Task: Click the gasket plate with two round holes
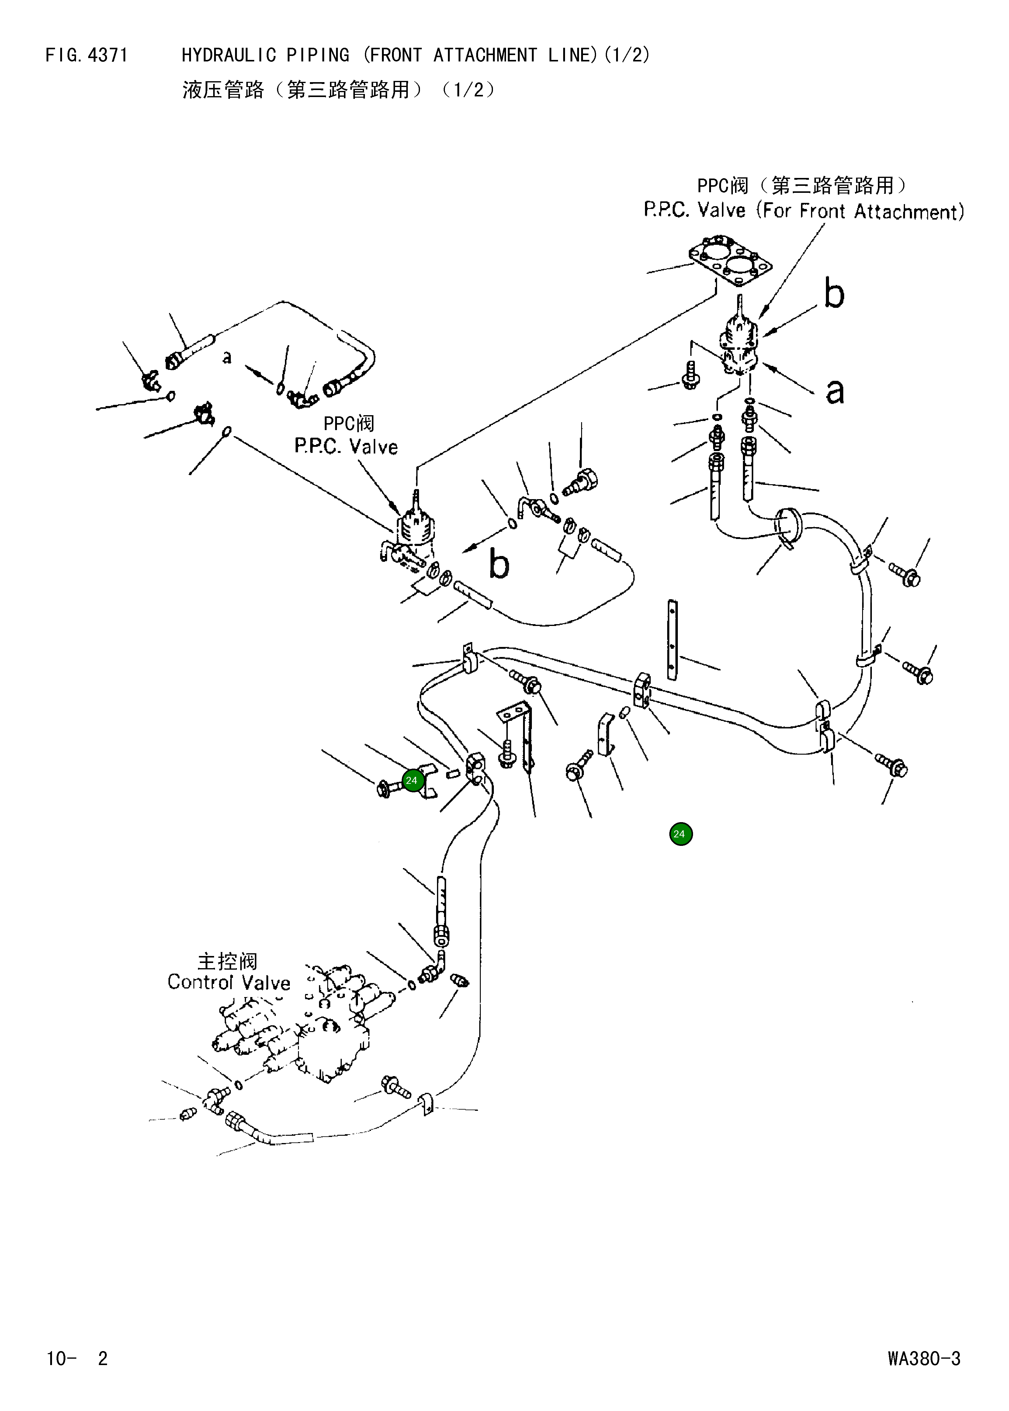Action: [731, 261]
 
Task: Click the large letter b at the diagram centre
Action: [499, 564]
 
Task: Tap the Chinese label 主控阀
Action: [227, 962]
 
